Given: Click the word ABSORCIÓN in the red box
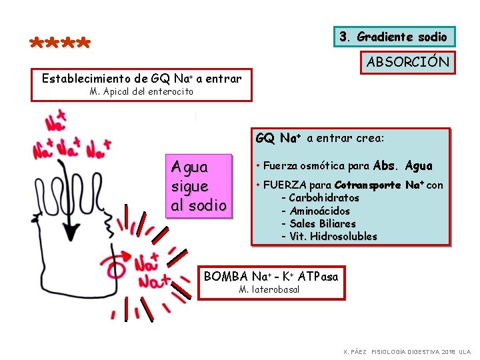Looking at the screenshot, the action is (x=408, y=63).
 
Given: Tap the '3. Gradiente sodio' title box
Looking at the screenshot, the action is (x=393, y=37).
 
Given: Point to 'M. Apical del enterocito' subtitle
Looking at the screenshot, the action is (x=141, y=91).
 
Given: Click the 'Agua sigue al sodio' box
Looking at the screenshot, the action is (x=199, y=185).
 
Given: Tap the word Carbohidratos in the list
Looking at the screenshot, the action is (x=323, y=197).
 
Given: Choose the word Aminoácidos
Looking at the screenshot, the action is (x=319, y=211).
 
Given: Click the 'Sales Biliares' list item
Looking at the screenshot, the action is (x=323, y=223).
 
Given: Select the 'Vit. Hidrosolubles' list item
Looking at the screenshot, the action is (x=333, y=236).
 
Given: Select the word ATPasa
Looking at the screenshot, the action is (x=318, y=276).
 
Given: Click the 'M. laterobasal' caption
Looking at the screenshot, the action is (x=269, y=289).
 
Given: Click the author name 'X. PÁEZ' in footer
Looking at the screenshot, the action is (x=354, y=351).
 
